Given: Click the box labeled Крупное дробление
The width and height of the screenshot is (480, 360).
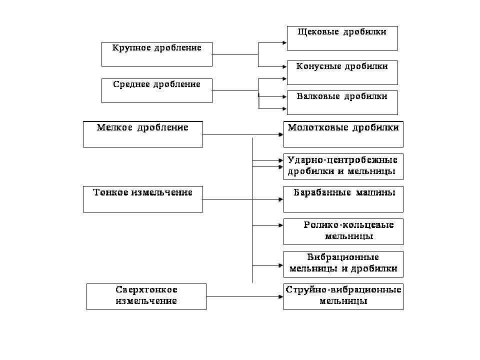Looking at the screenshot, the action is click(x=156, y=54).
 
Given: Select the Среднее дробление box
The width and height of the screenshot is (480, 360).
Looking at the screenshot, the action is click(x=156, y=90).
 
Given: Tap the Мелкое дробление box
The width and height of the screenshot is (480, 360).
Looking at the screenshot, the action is click(x=143, y=134).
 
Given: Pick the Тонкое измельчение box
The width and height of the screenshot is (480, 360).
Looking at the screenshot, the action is click(x=143, y=199).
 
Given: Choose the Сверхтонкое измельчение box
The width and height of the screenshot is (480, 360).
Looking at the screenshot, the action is click(x=146, y=296).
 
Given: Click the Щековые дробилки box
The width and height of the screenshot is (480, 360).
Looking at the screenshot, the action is click(x=342, y=38).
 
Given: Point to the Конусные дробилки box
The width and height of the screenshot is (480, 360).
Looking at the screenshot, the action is click(x=342, y=72).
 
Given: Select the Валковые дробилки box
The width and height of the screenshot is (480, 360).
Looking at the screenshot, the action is click(x=342, y=102).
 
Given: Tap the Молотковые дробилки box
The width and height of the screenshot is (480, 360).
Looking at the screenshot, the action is click(x=343, y=134).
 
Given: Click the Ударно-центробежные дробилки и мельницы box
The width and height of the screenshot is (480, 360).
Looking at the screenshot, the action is click(x=343, y=167).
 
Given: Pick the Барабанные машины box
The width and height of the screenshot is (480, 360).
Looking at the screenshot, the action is click(x=343, y=199).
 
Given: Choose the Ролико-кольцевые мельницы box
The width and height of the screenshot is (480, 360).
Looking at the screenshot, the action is click(x=343, y=231).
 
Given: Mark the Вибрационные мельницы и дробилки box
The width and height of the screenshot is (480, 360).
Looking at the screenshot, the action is click(x=343, y=264).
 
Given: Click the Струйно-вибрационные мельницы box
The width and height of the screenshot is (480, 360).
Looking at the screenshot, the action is click(x=343, y=296).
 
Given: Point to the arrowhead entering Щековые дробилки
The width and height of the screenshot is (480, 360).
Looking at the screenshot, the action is click(x=284, y=43).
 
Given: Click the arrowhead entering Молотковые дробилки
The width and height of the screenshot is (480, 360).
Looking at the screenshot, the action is click(x=281, y=134).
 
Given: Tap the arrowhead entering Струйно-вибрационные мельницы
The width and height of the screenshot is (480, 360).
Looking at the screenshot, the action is click(x=281, y=296).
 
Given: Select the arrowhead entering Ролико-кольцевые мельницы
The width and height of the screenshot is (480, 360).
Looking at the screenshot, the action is click(x=281, y=225).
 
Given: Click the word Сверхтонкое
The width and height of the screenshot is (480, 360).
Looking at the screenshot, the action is click(x=146, y=289).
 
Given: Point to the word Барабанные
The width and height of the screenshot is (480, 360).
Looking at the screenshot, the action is click(x=322, y=192).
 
